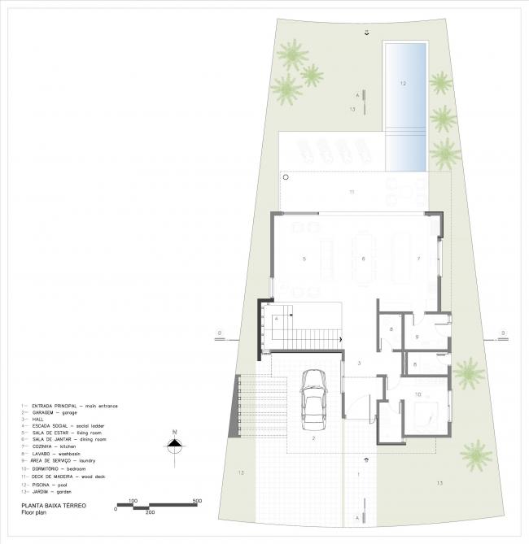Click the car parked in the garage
313,399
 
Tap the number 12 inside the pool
402,83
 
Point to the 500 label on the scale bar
196,500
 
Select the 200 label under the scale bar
150,513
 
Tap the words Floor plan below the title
39,513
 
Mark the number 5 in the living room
304,259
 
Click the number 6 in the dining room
364,259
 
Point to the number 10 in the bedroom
418,394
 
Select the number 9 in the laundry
417,337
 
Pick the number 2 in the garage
313,438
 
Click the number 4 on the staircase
276,319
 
